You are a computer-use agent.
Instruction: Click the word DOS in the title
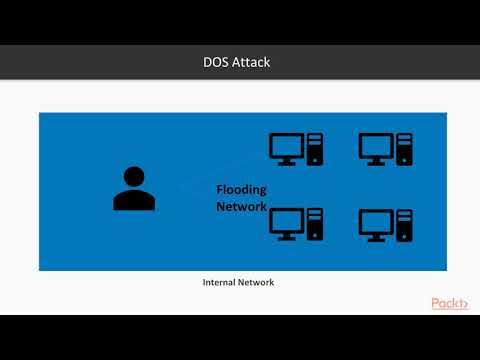point(218,63)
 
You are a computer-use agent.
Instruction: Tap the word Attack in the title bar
point(251,63)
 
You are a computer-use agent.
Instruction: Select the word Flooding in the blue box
point(246,190)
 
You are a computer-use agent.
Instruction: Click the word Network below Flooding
point(242,207)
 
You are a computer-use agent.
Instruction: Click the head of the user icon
point(134,177)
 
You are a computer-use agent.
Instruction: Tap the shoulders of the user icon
point(134,200)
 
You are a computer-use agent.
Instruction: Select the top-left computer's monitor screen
point(287,146)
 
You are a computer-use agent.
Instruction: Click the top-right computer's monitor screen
point(376,146)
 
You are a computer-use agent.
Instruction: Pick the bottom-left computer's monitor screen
point(287,219)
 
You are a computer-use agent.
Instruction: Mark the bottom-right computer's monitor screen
point(376,219)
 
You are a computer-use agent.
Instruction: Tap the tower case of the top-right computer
point(405,149)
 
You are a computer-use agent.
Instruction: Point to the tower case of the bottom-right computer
point(405,222)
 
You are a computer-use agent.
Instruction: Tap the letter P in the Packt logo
point(437,304)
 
